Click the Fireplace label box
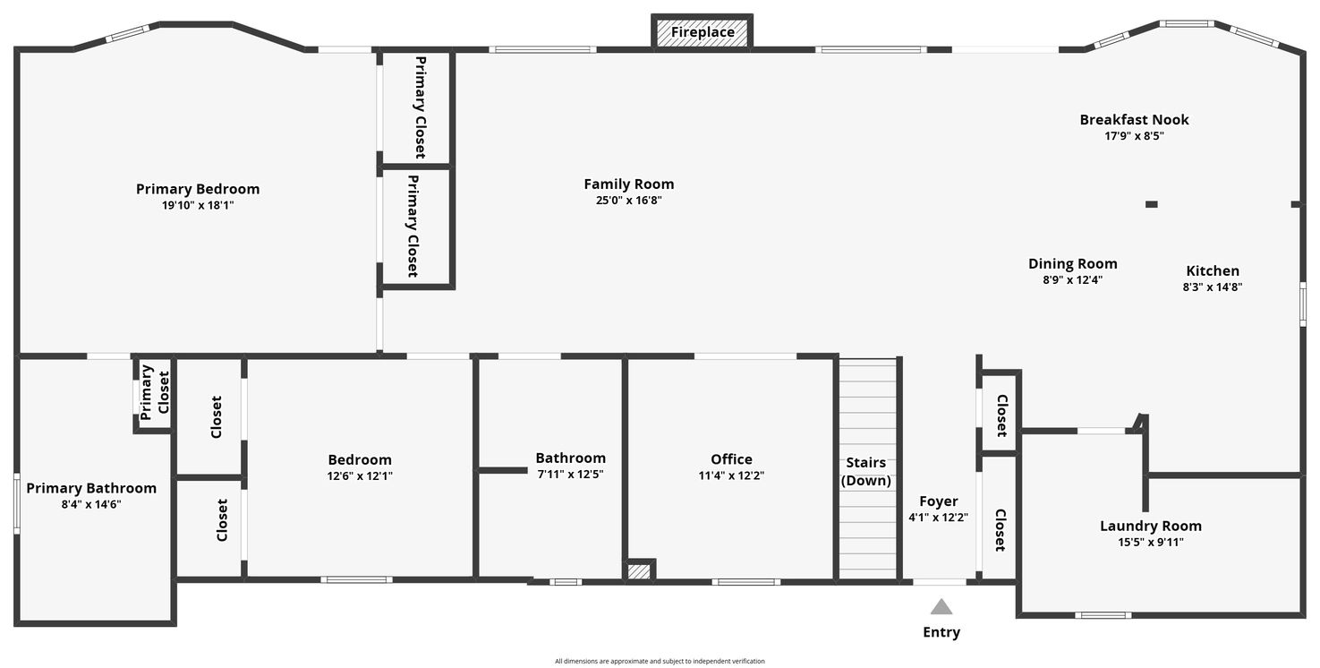coord(702,32)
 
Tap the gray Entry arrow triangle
coord(941,607)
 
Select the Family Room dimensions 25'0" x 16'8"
coord(629,201)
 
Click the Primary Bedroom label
coord(198,189)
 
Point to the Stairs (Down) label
coord(865,471)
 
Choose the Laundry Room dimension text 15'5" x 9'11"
coord(1150,543)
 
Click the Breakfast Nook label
coord(1134,120)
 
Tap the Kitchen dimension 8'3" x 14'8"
coord(1212,287)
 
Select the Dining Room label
coord(1072,263)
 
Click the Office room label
coord(731,459)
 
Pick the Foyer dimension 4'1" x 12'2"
coord(938,518)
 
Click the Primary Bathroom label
coord(91,488)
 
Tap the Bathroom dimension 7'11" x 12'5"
coord(570,474)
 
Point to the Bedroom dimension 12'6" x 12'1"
coord(360,475)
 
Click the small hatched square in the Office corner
coord(639,571)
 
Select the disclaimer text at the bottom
coord(660,661)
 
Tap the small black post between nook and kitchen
coord(1152,204)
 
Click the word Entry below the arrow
coord(941,632)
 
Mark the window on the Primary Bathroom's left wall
coord(17,503)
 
